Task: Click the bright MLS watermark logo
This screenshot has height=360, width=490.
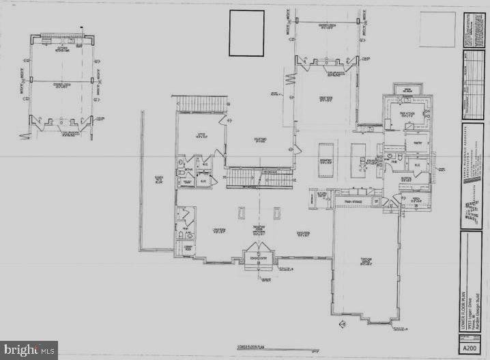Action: coord(29,350)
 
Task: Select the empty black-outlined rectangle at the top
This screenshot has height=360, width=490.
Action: coord(246,33)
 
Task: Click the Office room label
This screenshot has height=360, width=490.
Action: coord(201,135)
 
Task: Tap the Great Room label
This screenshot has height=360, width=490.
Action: coord(326,97)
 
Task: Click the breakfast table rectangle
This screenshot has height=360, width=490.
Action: coord(326,161)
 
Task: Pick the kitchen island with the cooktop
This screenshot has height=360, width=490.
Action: coord(359,161)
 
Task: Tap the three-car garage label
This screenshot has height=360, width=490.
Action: coord(366,259)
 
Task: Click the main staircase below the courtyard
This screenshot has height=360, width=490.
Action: coord(259,178)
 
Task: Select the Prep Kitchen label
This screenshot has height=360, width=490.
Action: coord(407,115)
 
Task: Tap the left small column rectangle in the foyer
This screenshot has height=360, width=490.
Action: coord(242,213)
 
